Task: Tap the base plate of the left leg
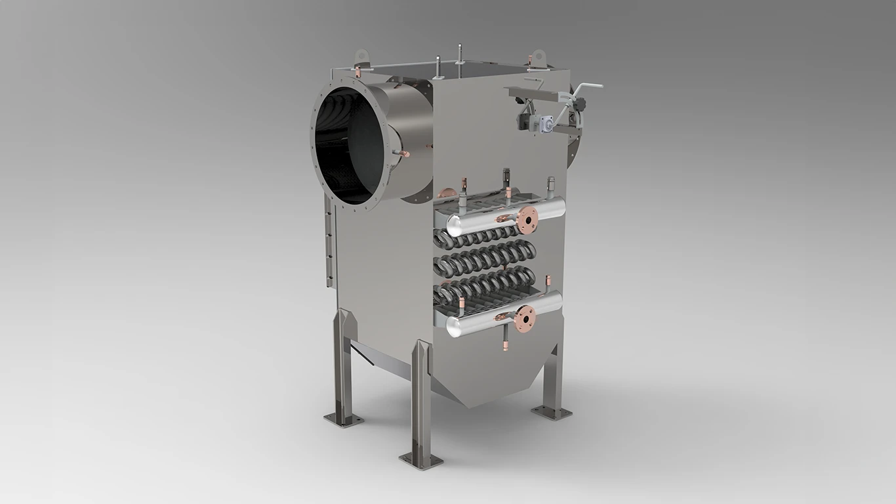[x=343, y=419]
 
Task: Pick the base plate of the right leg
[x=551, y=412]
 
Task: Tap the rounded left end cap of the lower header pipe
[x=452, y=324]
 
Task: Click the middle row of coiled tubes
[x=485, y=258]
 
